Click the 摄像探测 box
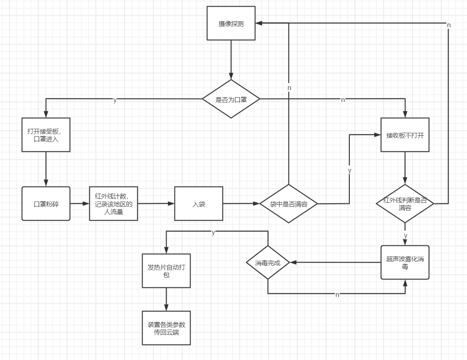point(231,23)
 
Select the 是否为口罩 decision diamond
point(231,99)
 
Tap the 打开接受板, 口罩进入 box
point(46,135)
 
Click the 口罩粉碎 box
point(46,204)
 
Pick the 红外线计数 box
point(114,204)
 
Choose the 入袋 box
point(199,204)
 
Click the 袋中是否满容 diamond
point(288,204)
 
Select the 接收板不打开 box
point(405,135)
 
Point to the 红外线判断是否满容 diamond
point(405,204)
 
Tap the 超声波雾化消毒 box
point(405,262)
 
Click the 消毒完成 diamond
point(268,262)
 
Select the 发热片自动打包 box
point(166,271)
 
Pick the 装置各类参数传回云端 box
point(166,328)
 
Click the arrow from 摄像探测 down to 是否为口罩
point(231,60)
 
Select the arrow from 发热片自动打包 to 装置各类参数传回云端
point(166,299)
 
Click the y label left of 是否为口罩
point(115,100)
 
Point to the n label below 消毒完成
point(337,294)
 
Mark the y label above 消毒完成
point(213,232)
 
